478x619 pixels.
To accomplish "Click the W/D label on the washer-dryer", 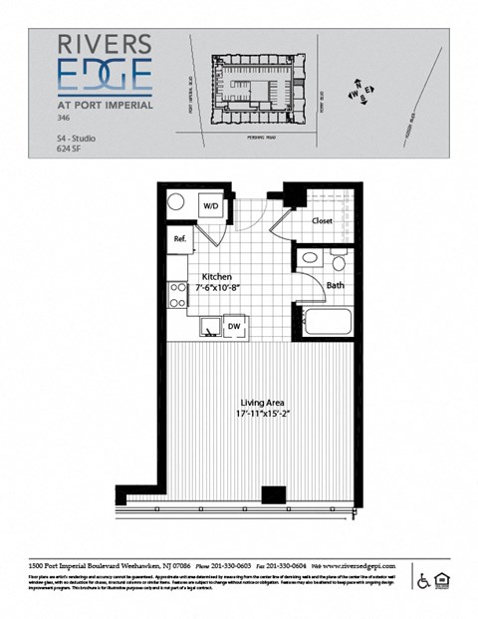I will pos(211,205).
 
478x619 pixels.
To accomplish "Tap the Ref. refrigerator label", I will pos(180,239).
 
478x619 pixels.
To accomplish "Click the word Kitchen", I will pos(217,276).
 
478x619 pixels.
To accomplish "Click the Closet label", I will pos(322,220).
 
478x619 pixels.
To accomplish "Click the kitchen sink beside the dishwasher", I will pos(211,325).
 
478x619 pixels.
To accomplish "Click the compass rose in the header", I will pos(358,93).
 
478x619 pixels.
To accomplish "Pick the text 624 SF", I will pos(71,153).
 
